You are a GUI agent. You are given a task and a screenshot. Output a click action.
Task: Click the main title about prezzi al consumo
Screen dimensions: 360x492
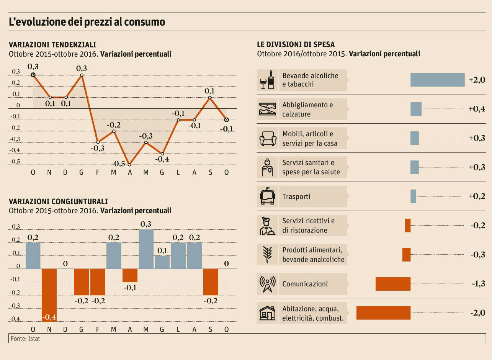(87, 22)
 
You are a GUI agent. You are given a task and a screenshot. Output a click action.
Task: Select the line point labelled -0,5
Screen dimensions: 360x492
(130, 165)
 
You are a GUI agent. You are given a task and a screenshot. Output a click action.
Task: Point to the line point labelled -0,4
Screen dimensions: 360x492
(162, 154)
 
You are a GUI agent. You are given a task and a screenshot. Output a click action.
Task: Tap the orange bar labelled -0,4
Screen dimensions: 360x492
(49, 295)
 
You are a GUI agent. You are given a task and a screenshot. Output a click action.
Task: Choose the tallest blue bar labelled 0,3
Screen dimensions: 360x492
(146, 249)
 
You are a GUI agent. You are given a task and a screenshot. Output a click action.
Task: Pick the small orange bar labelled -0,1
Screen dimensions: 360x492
(130, 275)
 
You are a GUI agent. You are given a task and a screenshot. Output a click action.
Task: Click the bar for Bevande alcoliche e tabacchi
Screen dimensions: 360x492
(437, 80)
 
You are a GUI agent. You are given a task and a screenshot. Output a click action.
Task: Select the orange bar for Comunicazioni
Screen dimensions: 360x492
(393, 284)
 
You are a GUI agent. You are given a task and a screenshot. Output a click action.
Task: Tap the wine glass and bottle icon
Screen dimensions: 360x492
(267, 80)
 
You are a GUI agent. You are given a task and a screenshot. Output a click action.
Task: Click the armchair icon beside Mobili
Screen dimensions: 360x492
(267, 138)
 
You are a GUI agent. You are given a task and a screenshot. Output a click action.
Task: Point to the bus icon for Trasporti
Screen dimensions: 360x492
(267, 196)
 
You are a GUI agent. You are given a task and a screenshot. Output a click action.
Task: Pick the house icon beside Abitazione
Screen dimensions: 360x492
(267, 313)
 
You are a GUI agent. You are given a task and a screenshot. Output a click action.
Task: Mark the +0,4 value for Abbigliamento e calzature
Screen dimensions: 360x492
(477, 109)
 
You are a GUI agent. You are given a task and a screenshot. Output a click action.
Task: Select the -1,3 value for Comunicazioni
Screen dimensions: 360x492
(477, 284)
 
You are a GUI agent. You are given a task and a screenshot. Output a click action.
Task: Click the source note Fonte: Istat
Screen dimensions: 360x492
(26, 339)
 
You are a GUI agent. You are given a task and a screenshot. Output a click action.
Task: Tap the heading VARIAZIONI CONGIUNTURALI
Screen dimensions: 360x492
(58, 201)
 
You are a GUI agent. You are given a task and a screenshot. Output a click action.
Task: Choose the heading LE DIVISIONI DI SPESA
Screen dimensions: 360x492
(296, 44)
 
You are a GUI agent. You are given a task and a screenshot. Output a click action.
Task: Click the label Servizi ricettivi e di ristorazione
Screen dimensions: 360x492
(308, 226)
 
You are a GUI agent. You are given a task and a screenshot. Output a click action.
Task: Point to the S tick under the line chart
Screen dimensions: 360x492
(210, 172)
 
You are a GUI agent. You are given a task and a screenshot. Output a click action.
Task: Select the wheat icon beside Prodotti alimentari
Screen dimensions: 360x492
(267, 255)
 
